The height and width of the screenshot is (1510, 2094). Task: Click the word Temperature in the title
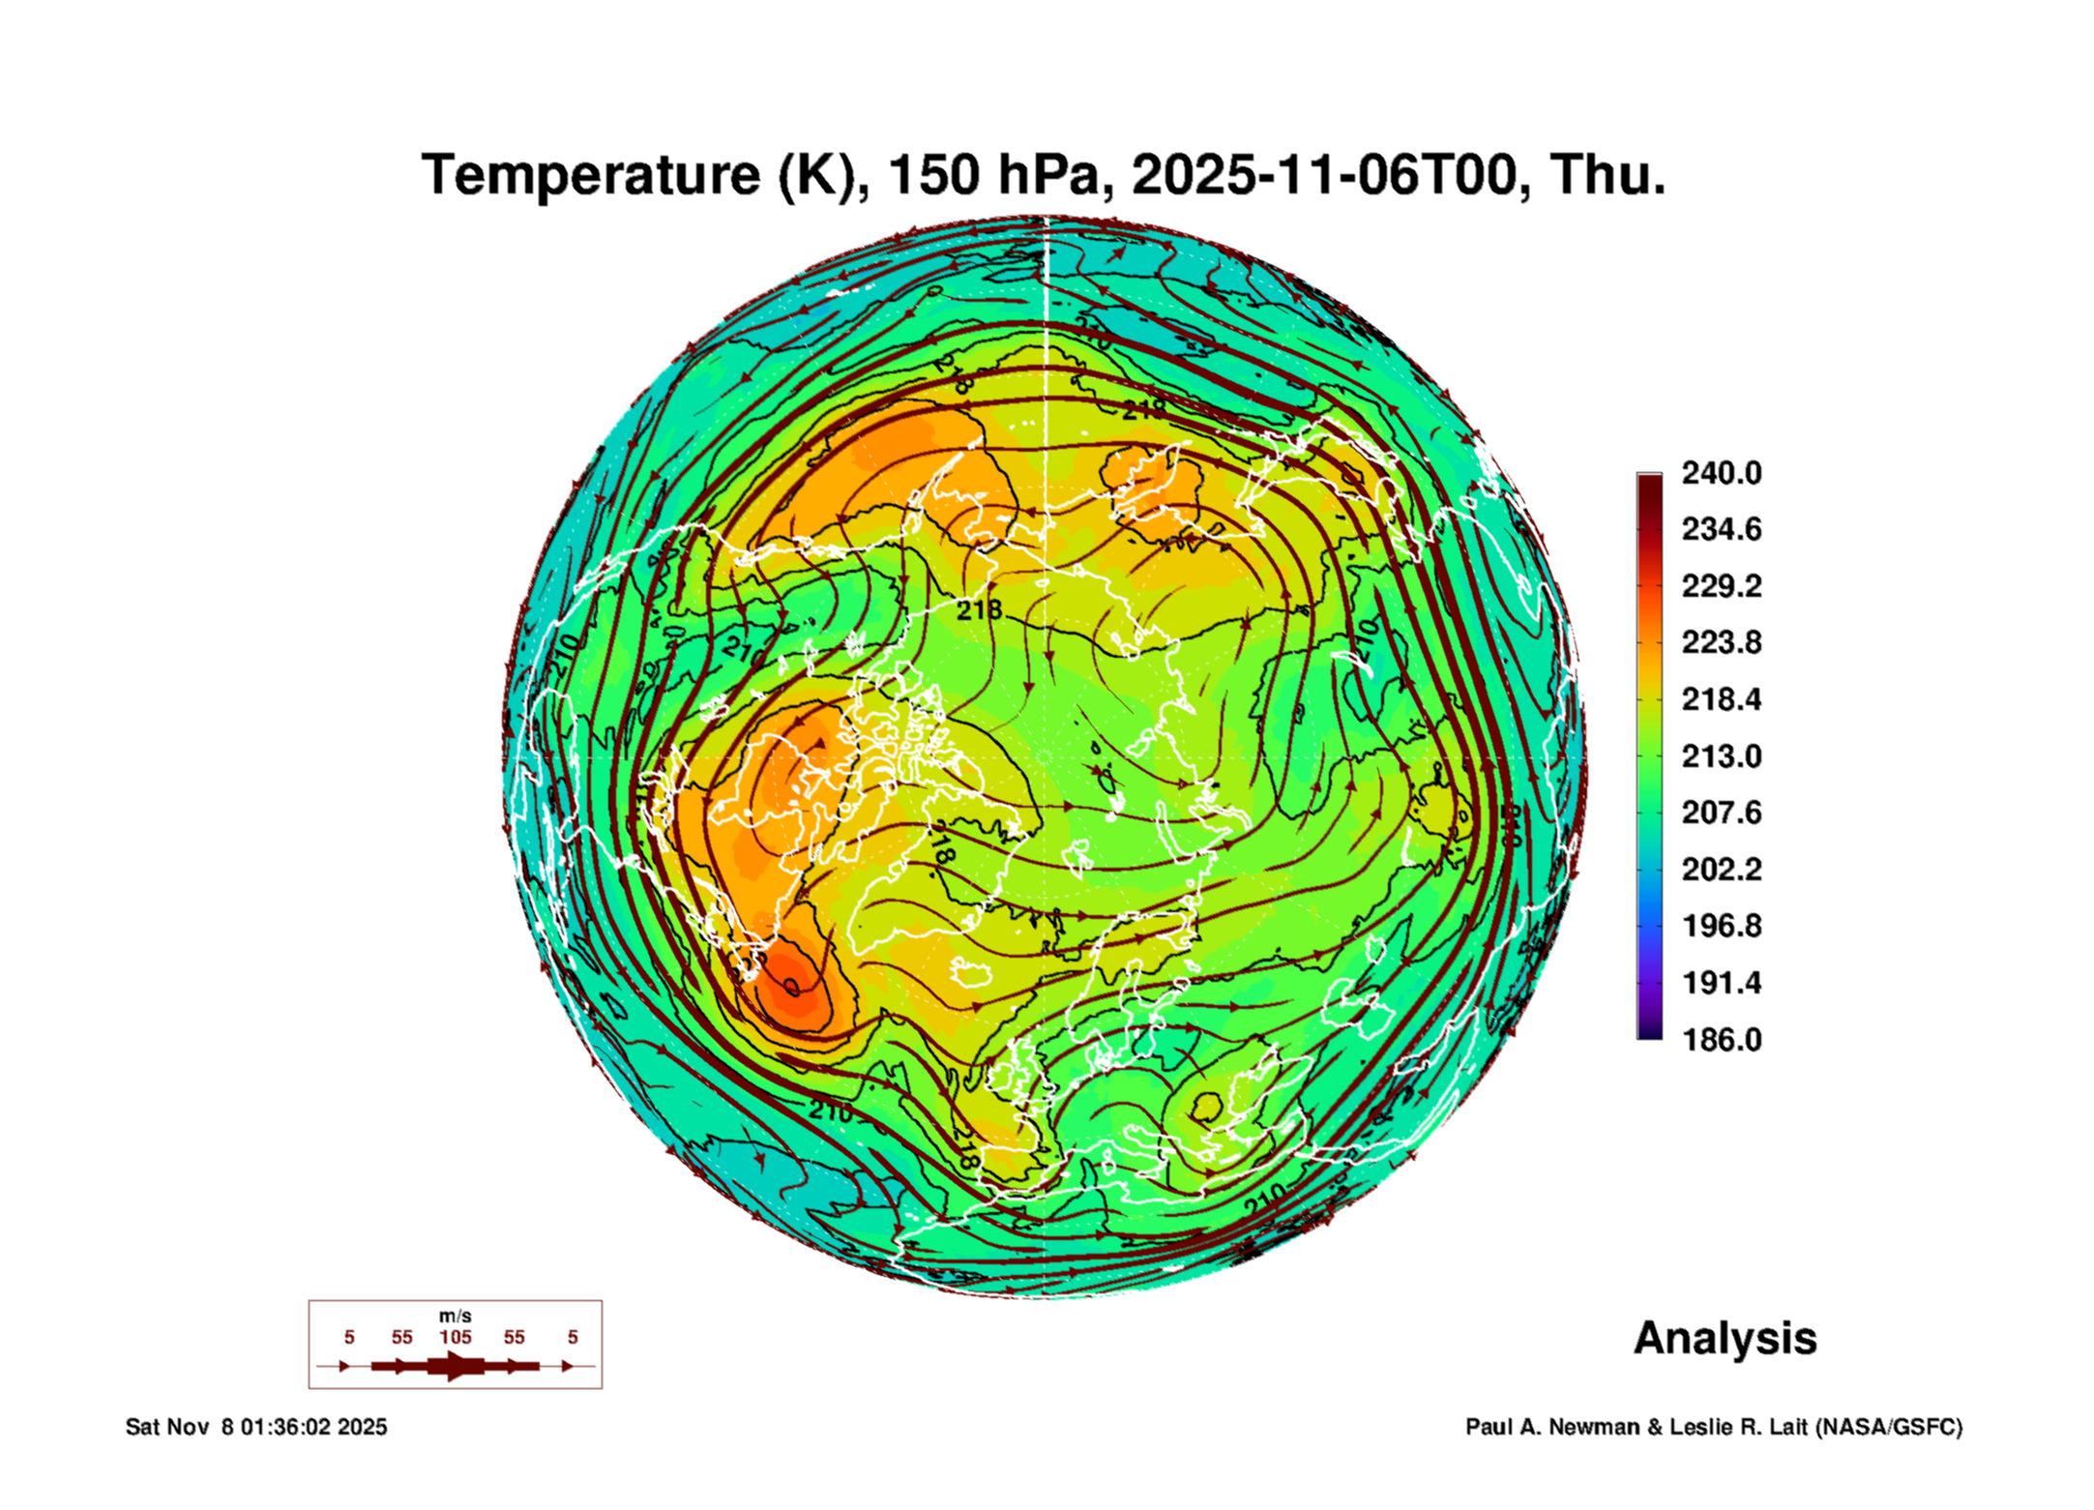coord(590,176)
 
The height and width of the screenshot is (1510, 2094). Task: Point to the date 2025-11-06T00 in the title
coord(1323,176)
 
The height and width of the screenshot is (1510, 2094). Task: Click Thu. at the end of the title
coord(1607,176)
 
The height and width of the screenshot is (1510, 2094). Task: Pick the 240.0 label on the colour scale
coord(1722,473)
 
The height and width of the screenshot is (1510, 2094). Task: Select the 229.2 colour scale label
coord(1722,586)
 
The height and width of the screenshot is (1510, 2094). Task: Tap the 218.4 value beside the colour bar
coord(1722,699)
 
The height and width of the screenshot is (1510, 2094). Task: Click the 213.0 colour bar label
coord(1722,756)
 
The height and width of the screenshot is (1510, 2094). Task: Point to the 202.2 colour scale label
coord(1722,870)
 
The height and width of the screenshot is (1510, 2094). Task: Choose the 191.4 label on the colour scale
coord(1722,983)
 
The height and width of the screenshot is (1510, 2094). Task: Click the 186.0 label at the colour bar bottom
coord(1722,1040)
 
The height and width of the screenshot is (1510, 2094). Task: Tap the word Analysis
coord(1725,1339)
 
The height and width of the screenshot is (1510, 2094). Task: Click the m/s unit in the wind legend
coord(455,1317)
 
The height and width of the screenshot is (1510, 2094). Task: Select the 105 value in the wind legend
coord(455,1337)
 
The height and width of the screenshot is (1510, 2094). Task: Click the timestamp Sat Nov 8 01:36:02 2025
coord(256,1427)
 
